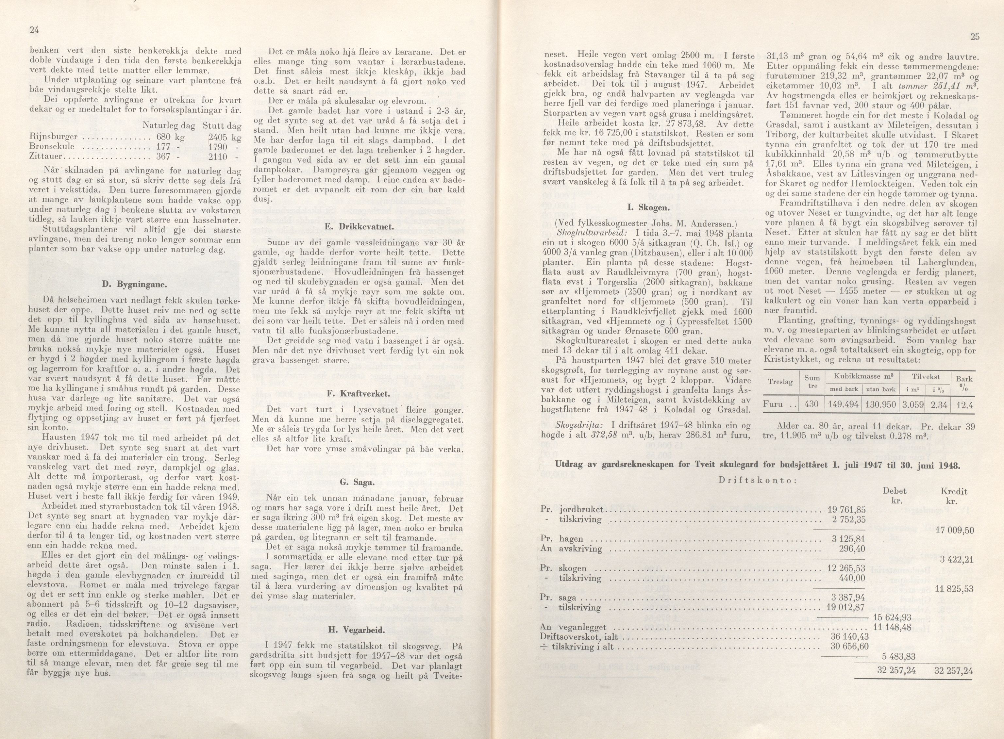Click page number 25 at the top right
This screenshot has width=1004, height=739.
tap(975, 37)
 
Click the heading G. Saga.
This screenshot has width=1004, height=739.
tap(358, 482)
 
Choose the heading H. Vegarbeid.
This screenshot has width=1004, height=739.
tap(357, 630)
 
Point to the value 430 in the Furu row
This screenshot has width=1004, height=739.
tap(811, 404)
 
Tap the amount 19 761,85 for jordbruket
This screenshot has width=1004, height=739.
tap(846, 510)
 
